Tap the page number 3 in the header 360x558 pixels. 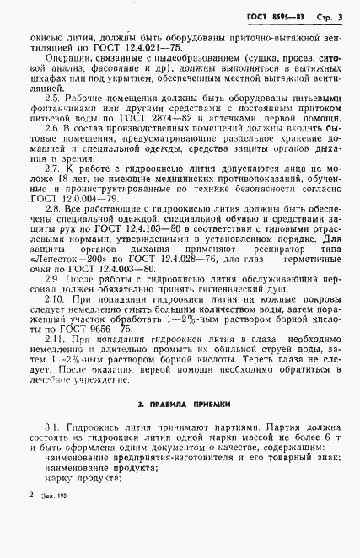[x=341, y=17]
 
